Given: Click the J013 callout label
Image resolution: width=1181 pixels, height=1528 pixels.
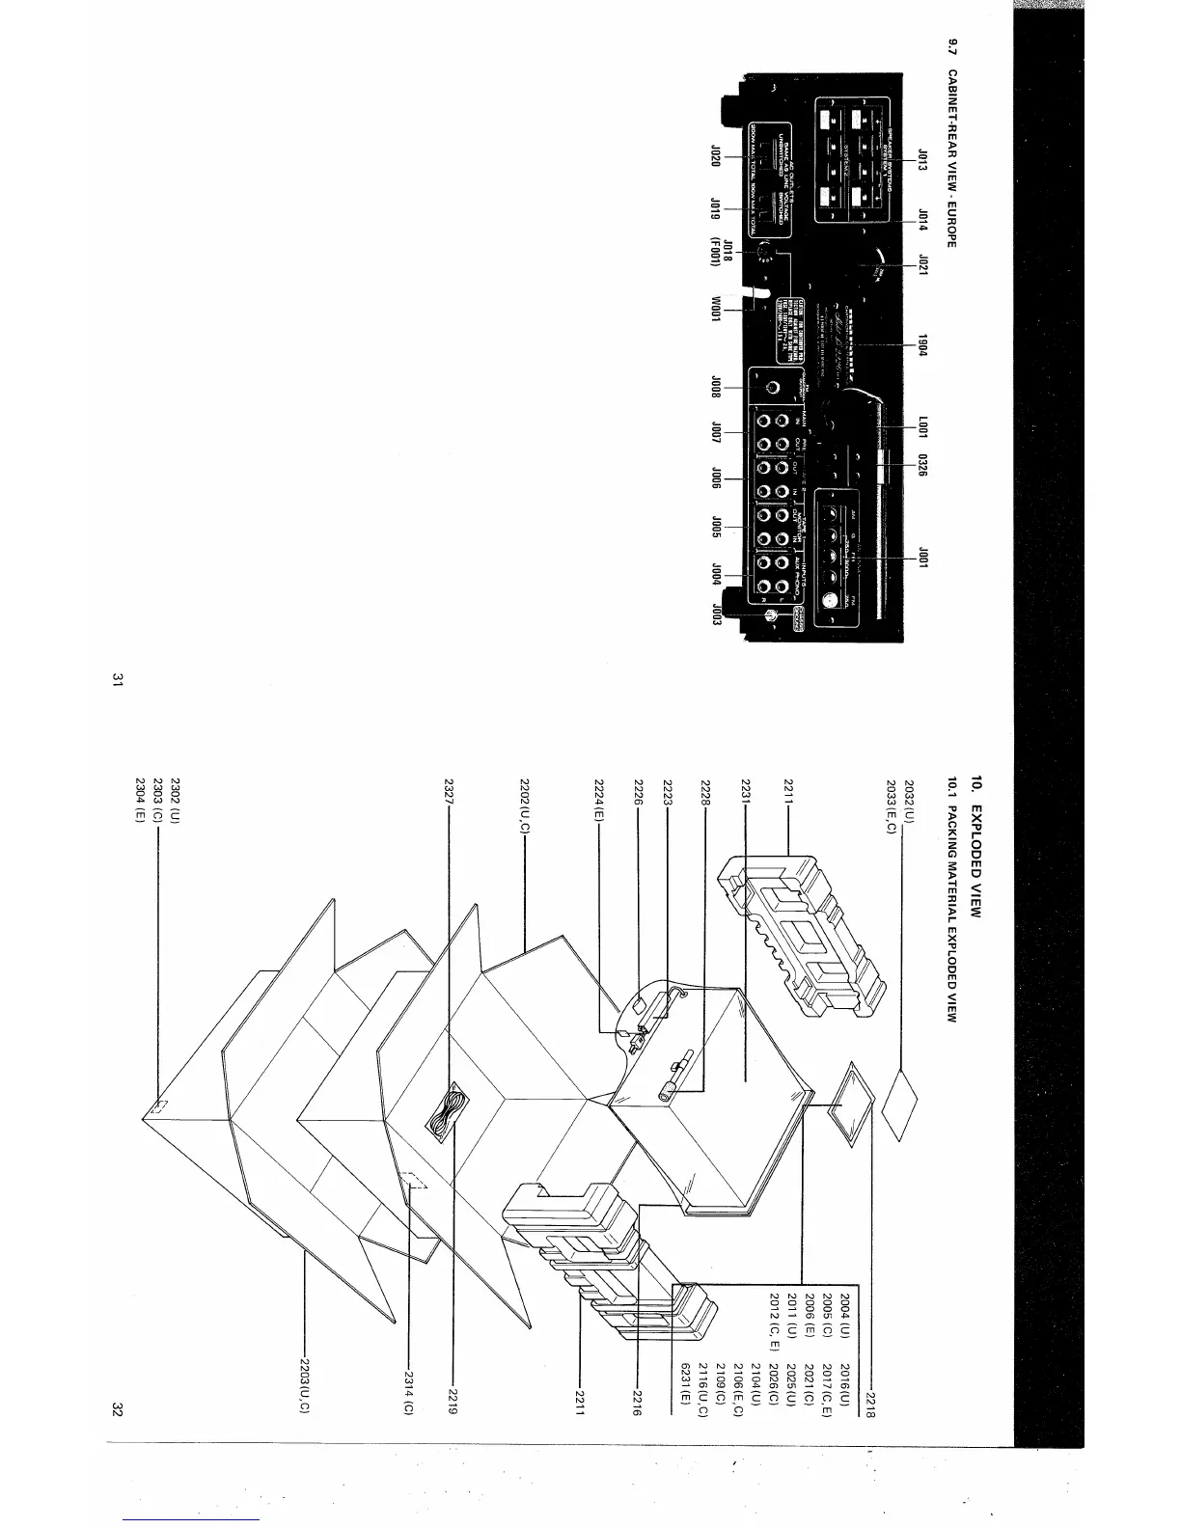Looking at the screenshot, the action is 922,158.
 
